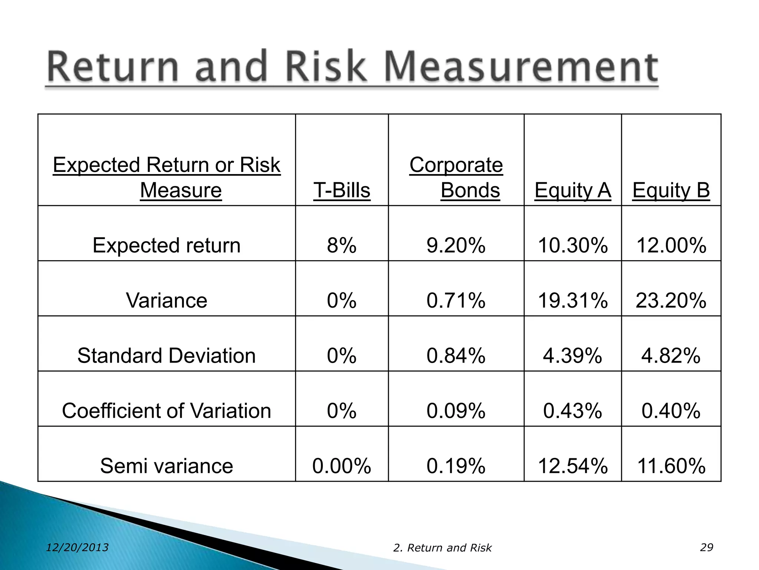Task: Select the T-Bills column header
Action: [342, 190]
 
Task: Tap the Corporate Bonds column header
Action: [456, 177]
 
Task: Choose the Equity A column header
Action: [573, 190]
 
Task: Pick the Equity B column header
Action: [671, 190]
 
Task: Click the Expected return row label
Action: [166, 245]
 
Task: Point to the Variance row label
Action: [166, 300]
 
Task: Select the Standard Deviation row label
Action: [166, 356]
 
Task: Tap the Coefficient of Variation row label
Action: [166, 411]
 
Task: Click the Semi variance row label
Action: [166, 466]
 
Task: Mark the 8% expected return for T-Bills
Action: [342, 245]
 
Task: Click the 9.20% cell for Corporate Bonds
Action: [456, 245]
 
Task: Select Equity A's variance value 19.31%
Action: [573, 300]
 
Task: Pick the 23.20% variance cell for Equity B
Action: [671, 300]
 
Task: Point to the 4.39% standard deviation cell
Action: [573, 356]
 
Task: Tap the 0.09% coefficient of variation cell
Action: [456, 411]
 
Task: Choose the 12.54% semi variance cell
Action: [573, 466]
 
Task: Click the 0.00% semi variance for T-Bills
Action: [342, 466]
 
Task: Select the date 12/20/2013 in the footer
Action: [77, 547]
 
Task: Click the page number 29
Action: [706, 547]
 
